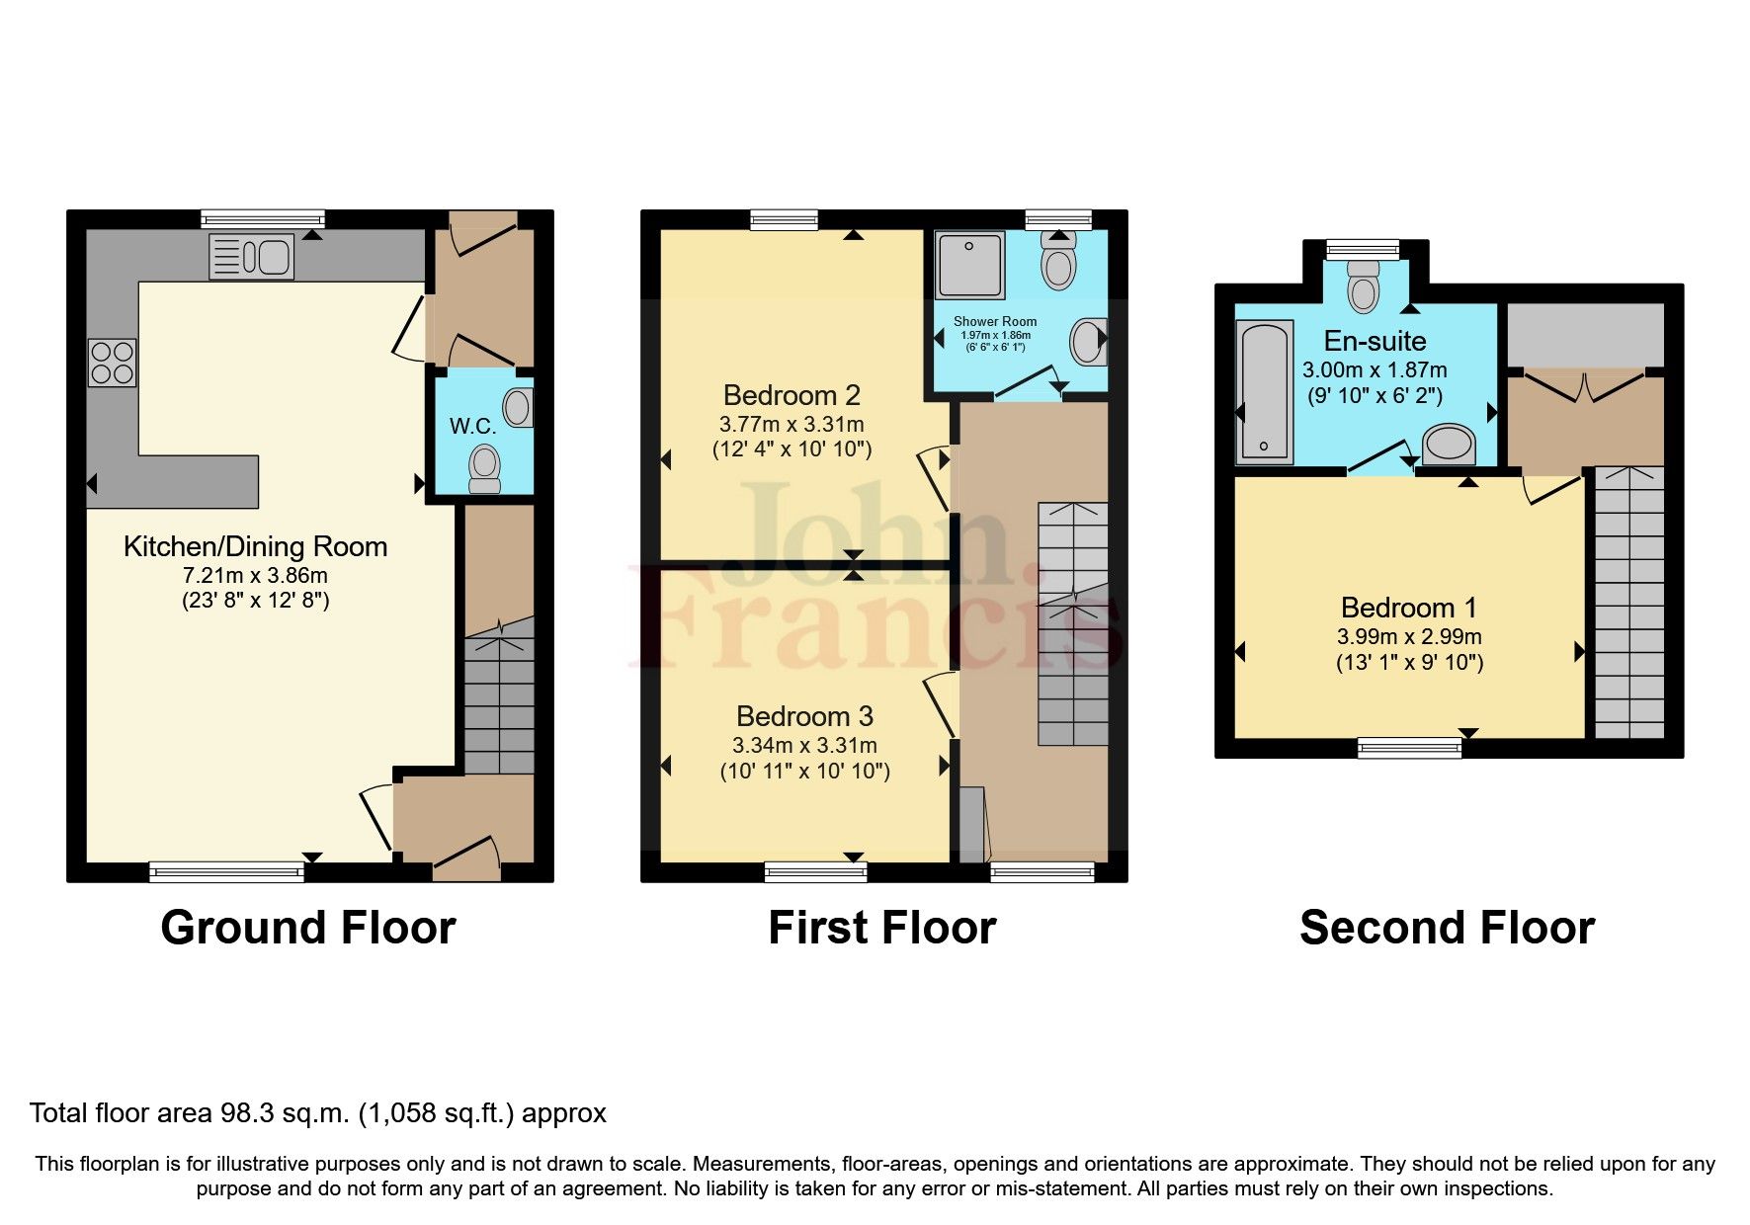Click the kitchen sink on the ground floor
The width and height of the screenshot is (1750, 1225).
[x=251, y=257]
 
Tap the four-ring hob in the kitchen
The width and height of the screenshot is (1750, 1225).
[x=112, y=362]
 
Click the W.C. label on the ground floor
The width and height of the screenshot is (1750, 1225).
[x=472, y=427]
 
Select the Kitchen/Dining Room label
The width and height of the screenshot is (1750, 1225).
[x=255, y=546]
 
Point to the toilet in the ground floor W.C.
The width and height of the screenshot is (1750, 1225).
[x=484, y=468]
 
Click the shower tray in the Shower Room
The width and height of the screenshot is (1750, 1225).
[x=969, y=265]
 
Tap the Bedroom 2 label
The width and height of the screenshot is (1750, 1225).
[x=792, y=395]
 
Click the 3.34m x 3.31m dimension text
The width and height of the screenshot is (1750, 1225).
[x=804, y=745]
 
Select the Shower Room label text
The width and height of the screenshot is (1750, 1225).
[x=995, y=321]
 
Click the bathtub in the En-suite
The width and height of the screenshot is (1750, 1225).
[x=1265, y=392]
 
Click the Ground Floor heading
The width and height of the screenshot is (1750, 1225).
[x=308, y=928]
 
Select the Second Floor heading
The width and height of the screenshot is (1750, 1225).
[x=1447, y=928]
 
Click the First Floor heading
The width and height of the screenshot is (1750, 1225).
[x=881, y=928]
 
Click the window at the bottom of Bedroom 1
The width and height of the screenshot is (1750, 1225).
[x=1409, y=748]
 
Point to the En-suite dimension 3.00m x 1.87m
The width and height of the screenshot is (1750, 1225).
[x=1375, y=370]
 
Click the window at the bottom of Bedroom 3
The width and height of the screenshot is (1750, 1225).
[x=815, y=871]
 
